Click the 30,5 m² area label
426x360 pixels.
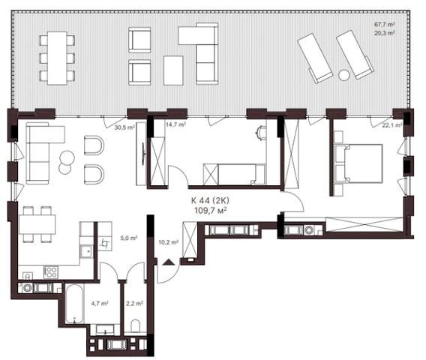point(124,127)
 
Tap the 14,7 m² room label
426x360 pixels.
point(175,124)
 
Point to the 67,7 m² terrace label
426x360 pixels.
point(385,25)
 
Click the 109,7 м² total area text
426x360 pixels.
point(211,210)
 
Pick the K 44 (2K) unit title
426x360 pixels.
point(210,200)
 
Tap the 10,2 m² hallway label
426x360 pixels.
point(169,241)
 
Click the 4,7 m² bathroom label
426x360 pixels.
point(100,303)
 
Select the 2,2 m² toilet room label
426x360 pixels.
point(134,303)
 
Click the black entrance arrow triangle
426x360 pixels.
point(168,262)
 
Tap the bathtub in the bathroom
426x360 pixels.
point(74,304)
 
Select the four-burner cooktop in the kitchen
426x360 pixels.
point(51,272)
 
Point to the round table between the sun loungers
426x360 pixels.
point(344,75)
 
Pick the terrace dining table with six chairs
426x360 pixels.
point(57,58)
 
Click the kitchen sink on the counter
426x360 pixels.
point(87,251)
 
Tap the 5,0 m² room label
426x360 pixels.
point(129,238)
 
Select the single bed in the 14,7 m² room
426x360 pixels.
point(234,175)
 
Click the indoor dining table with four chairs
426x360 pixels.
point(37,224)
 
